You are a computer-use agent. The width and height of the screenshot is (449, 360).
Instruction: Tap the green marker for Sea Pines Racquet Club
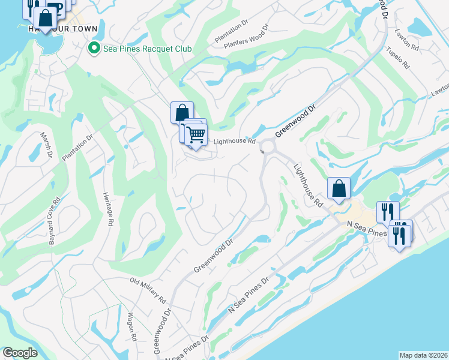[94, 48]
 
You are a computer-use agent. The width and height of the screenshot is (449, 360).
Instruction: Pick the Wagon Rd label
[132, 329]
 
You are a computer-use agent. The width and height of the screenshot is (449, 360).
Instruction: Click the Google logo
[20, 353]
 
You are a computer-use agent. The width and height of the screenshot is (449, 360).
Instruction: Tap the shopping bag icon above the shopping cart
[182, 112]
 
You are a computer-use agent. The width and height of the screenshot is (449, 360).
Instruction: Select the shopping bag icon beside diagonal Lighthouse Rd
[339, 188]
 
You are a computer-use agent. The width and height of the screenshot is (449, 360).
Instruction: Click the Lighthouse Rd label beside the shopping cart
[235, 142]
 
